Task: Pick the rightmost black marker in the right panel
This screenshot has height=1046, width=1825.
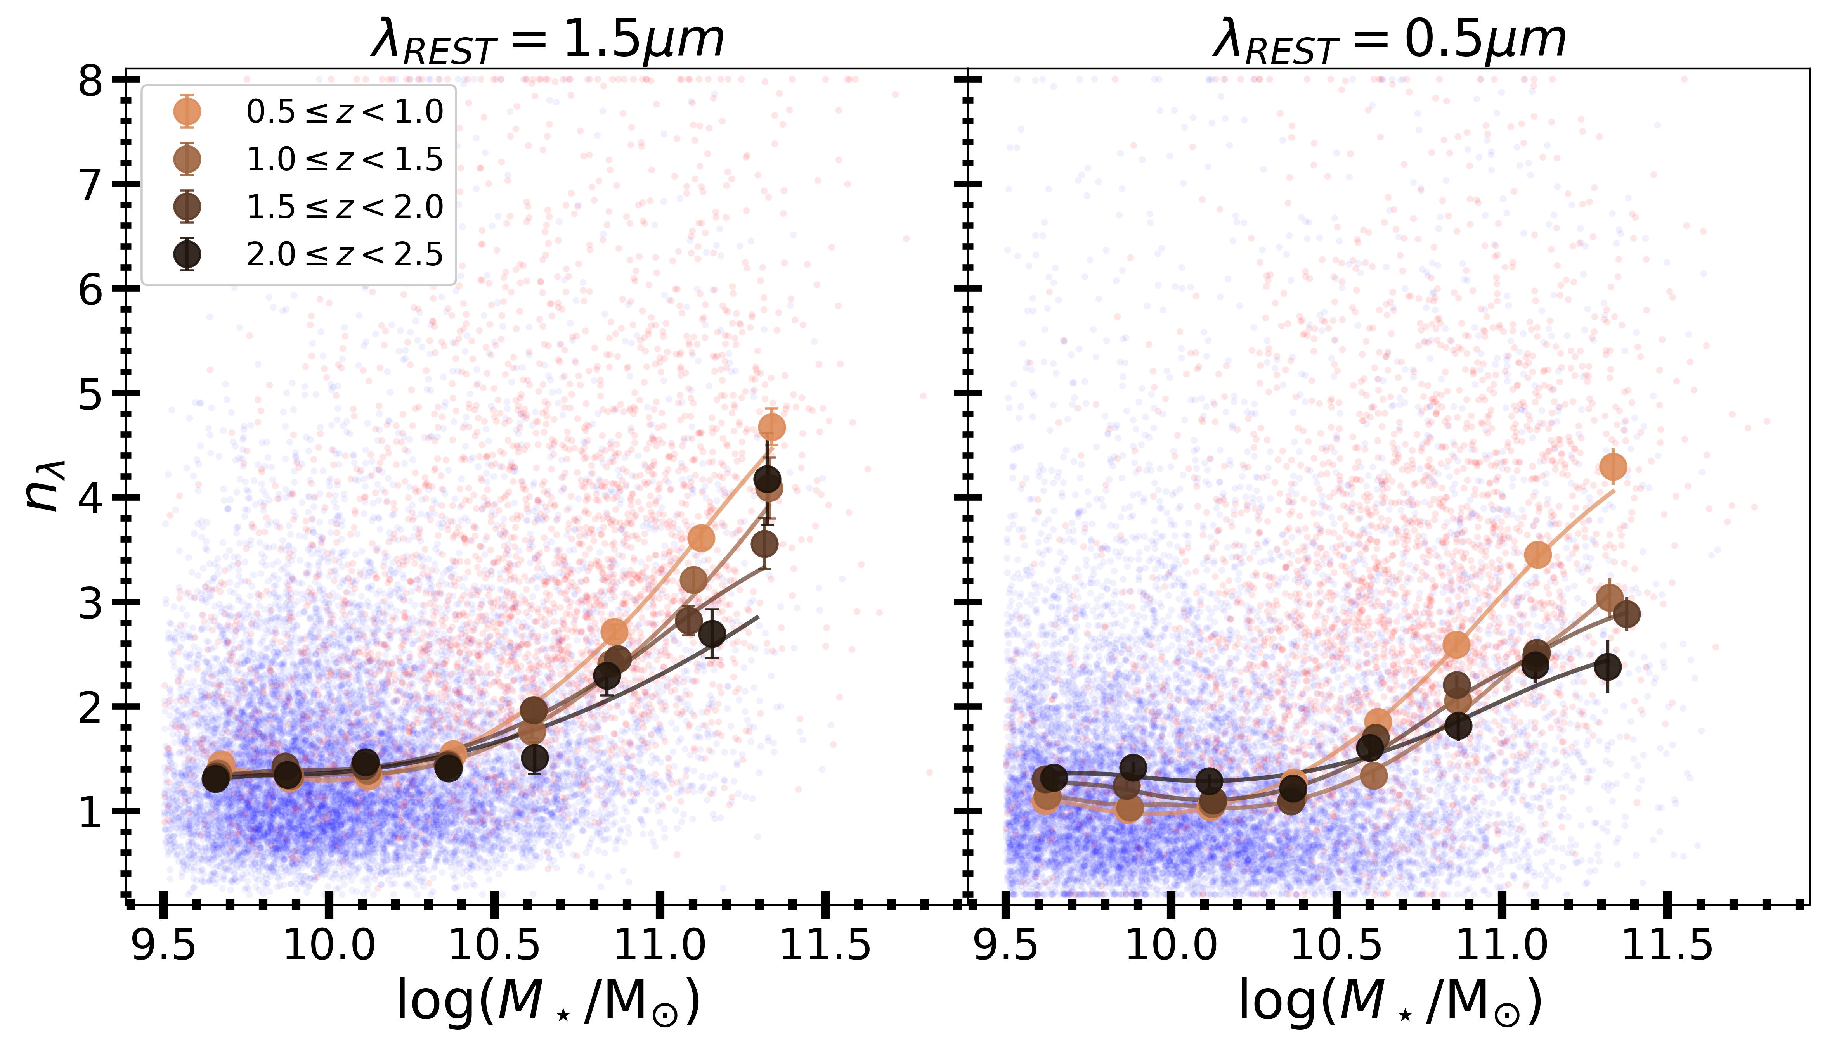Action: click(1607, 667)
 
